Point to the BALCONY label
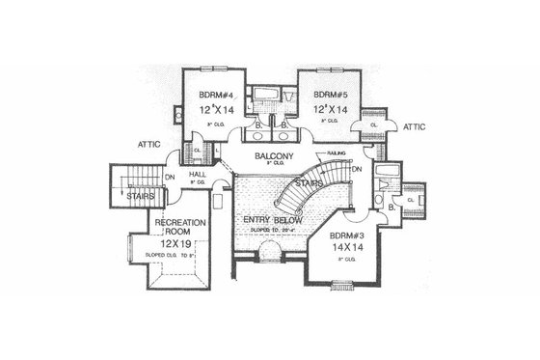click(273, 156)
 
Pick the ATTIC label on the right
click(416, 126)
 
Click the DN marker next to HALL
click(170, 178)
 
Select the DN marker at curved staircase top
click(356, 171)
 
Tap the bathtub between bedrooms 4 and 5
click(270, 97)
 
